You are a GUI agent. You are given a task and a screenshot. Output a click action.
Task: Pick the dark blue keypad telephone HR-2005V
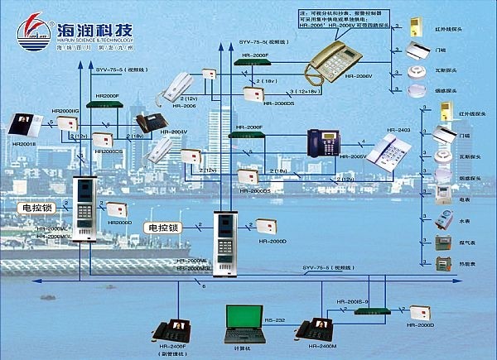tap(319, 142)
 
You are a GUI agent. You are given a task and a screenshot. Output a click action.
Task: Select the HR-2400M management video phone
tap(316, 327)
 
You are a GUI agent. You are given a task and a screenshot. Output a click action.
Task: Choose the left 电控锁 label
tap(35, 209)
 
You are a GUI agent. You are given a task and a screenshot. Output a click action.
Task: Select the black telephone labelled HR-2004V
tap(152, 122)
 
